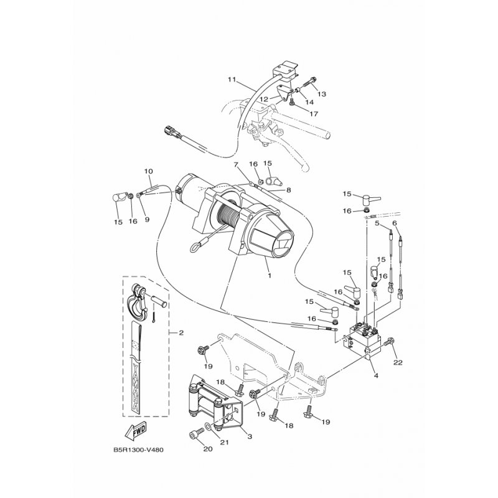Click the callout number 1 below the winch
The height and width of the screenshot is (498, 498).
point(269,275)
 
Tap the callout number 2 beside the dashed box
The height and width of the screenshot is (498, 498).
point(181,333)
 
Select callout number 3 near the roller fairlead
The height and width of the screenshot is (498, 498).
point(250,437)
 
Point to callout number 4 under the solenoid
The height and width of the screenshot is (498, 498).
point(376,375)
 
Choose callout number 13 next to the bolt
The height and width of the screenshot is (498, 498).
point(322,94)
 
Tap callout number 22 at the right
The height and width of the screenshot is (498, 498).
point(398,362)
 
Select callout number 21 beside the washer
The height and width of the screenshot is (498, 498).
point(225,443)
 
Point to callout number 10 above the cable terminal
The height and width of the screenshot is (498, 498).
point(148,171)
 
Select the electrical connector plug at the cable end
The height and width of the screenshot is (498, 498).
point(172,133)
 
